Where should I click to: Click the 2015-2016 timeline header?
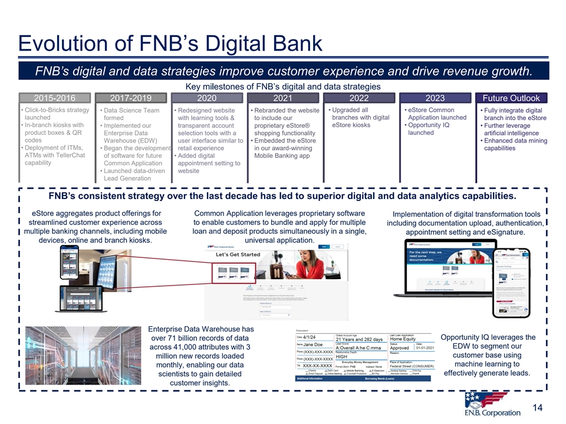coord(54,98)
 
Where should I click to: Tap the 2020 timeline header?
coord(206,98)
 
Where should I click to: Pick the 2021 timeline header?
coord(282,98)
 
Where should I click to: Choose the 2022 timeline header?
coord(358,98)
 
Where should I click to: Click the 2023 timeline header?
coord(435,98)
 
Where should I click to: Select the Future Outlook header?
coord(511,98)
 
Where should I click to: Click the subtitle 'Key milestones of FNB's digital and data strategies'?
coord(282,87)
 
